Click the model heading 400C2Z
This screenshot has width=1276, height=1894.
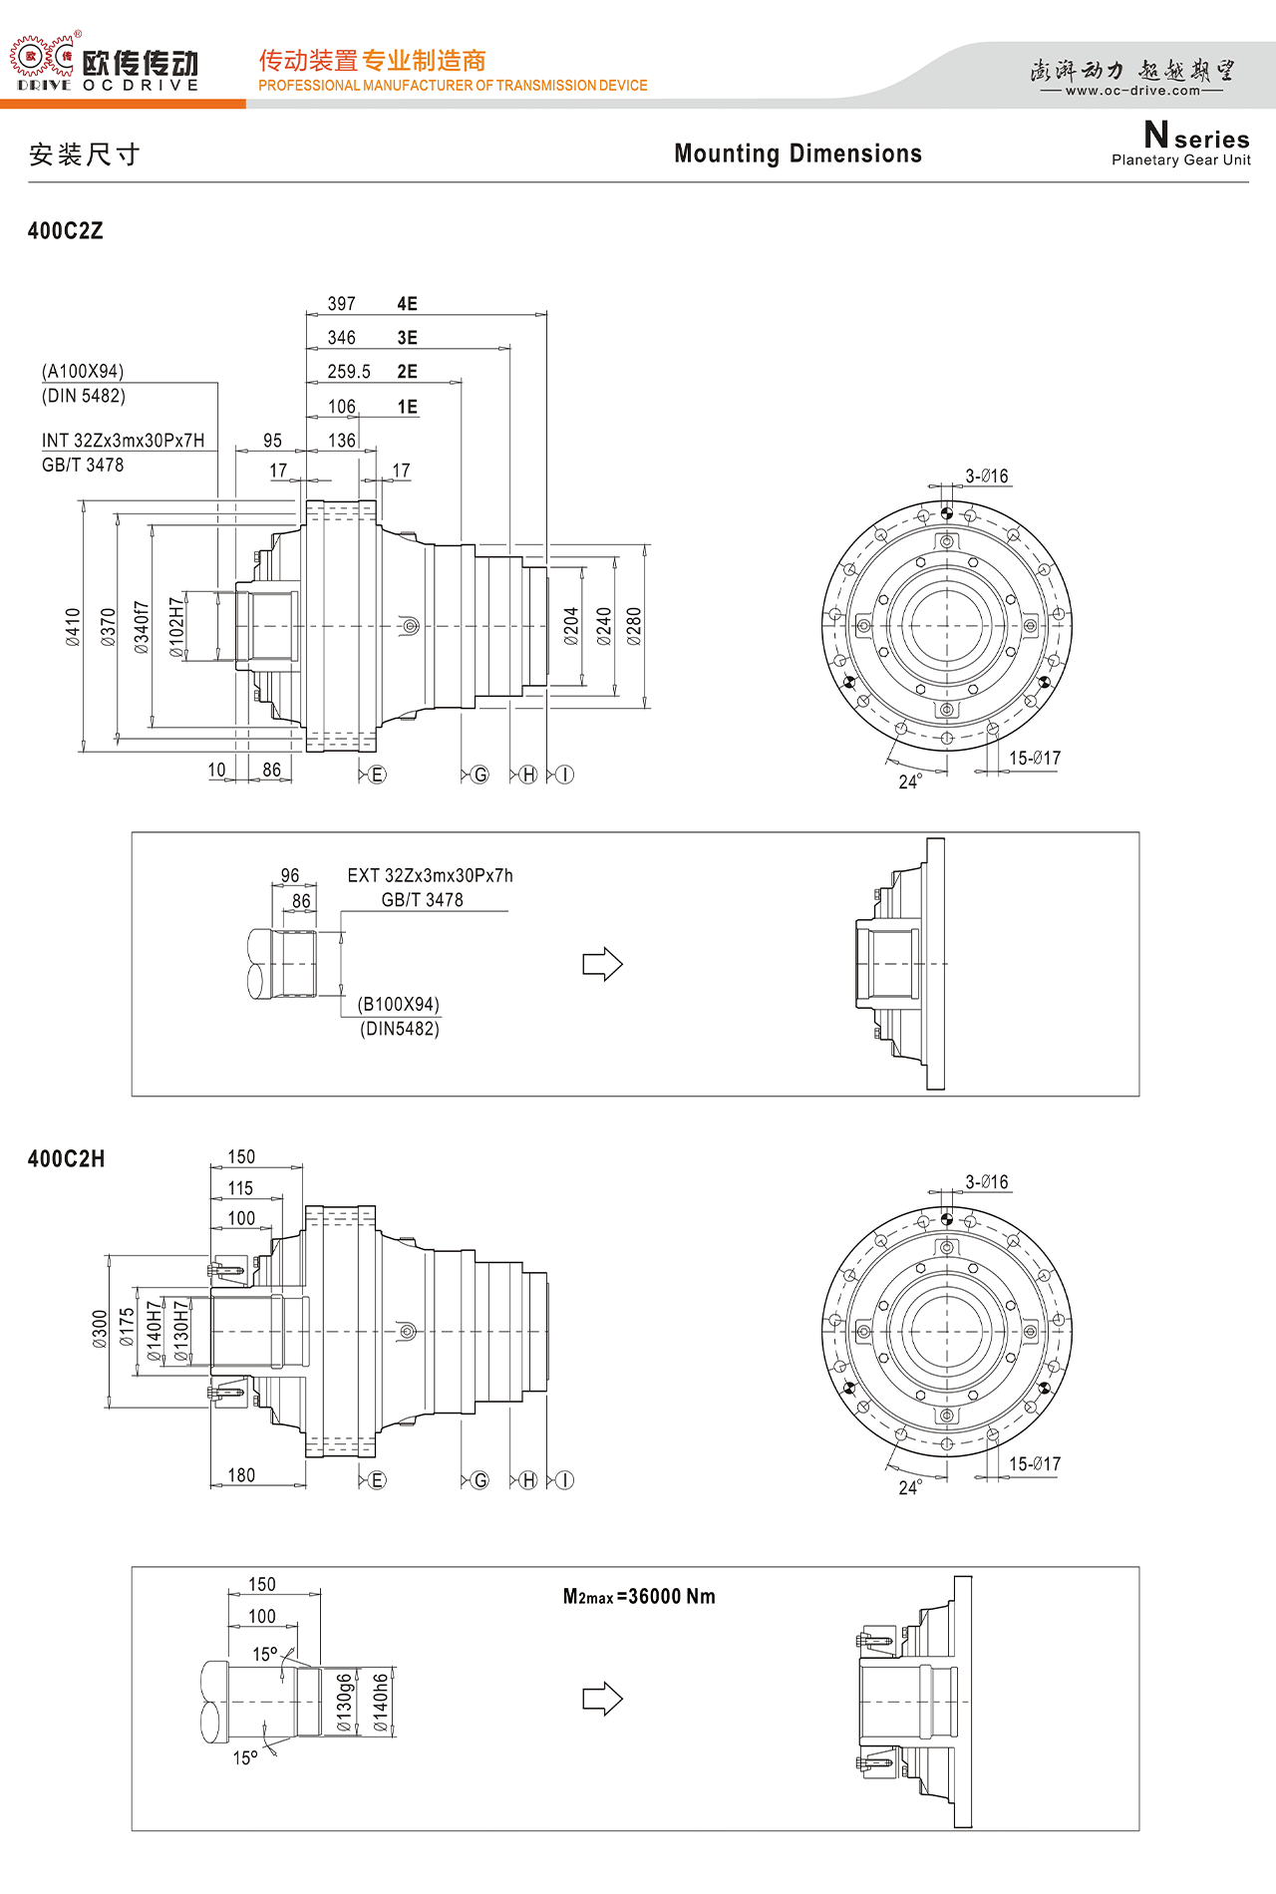click(x=66, y=231)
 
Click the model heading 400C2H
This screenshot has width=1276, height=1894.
click(x=66, y=1159)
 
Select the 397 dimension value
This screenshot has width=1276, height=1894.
click(x=342, y=304)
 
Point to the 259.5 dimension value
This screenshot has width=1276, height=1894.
click(x=349, y=372)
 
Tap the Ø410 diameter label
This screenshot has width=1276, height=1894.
click(x=73, y=627)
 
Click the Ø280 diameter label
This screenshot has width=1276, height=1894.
click(x=634, y=626)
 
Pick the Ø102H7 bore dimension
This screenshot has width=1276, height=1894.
click(x=176, y=628)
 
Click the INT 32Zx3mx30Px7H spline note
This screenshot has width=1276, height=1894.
click(x=124, y=441)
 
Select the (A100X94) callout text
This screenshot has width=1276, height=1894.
click(x=83, y=372)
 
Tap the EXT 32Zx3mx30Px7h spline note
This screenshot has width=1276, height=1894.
click(x=431, y=875)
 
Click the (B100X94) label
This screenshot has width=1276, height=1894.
click(x=399, y=1004)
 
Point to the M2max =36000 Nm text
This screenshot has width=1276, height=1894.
click(x=639, y=1597)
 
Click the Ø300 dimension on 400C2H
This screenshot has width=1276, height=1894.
click(x=100, y=1330)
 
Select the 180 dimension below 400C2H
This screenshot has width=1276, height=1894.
click(x=241, y=1475)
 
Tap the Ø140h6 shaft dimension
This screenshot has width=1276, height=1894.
click(x=380, y=1703)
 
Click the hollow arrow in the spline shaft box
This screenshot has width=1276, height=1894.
click(x=603, y=964)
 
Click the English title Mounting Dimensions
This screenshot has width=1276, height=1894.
click(x=797, y=154)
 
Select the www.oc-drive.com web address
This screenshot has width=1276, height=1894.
click(x=1133, y=91)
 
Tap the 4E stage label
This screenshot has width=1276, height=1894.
click(x=407, y=304)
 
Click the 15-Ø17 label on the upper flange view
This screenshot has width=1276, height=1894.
click(x=1035, y=759)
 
